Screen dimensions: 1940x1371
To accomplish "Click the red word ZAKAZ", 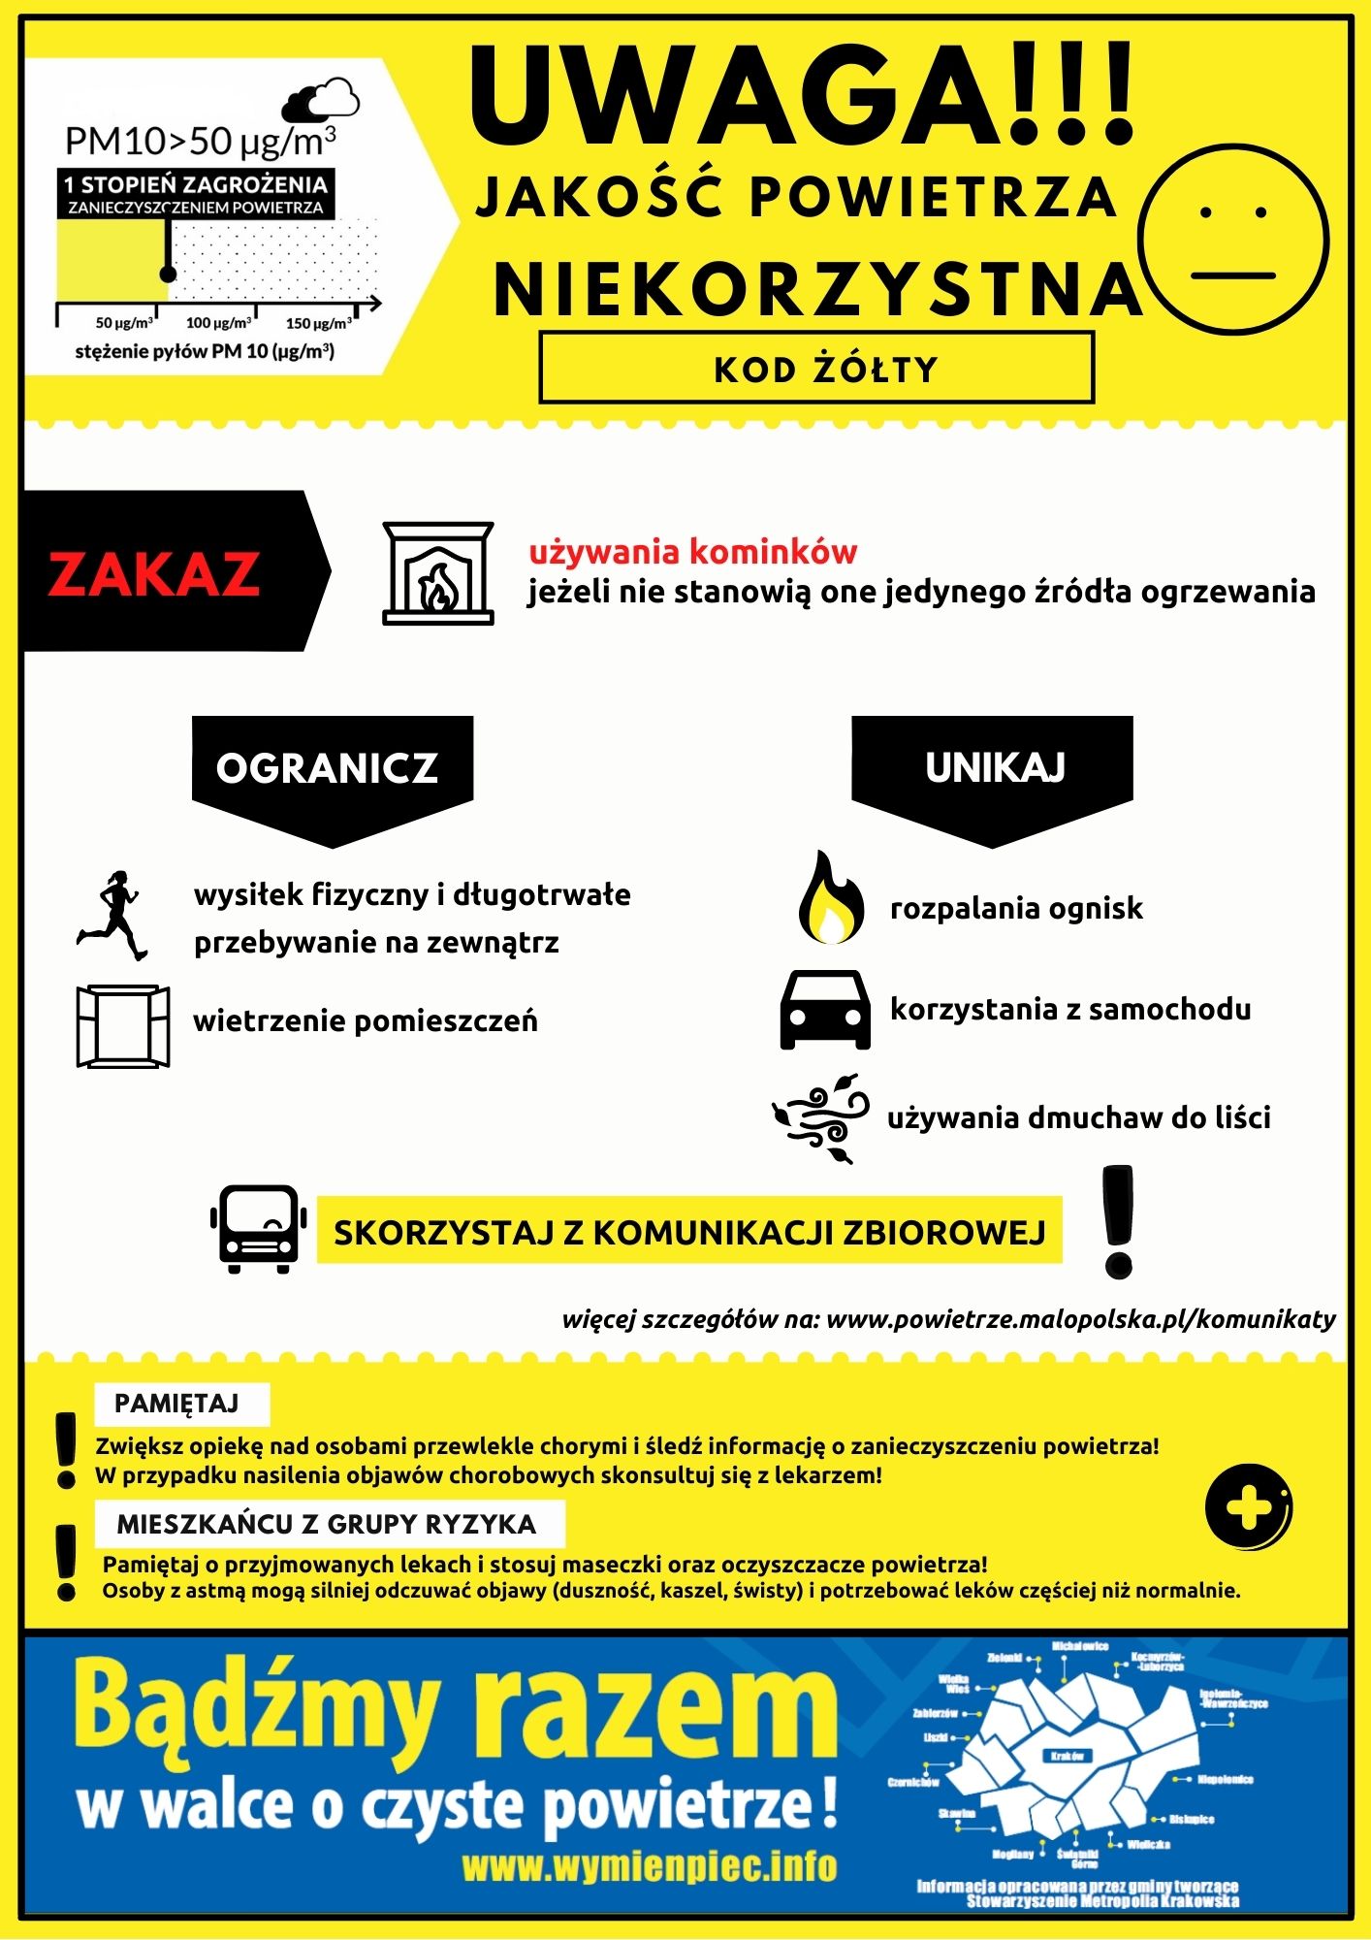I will click(x=154, y=573).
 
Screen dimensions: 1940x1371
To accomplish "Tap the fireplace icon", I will click(x=438, y=573).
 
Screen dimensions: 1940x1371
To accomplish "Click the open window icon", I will click(x=123, y=1026).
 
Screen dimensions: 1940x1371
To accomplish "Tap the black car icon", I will click(x=825, y=1010).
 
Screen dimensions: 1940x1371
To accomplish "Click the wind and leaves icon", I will click(x=821, y=1117).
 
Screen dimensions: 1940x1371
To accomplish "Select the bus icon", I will click(x=258, y=1228).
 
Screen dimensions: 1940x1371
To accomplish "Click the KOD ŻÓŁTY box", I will click(x=816, y=368).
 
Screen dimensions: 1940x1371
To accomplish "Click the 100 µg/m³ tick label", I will click(x=218, y=323).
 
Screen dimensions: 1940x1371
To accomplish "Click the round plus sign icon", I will click(x=1249, y=1507).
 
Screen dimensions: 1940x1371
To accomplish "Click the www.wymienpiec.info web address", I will click(x=649, y=1865).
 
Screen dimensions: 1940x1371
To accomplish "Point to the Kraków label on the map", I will click(x=1067, y=1756).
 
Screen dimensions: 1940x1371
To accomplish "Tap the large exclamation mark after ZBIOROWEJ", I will click(x=1118, y=1222).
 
